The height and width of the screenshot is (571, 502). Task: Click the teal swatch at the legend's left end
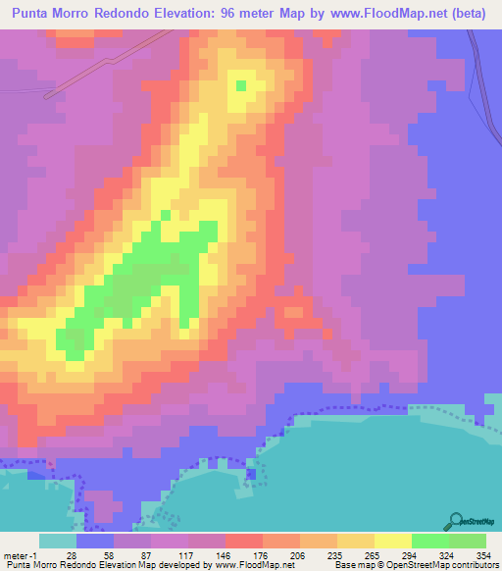(58, 542)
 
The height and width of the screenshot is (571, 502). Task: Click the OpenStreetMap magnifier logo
(456, 520)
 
